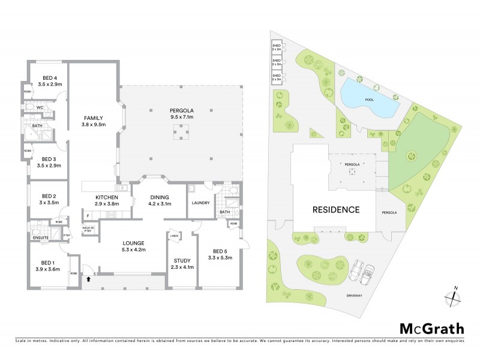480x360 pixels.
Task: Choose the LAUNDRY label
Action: pyautogui.click(x=200, y=203)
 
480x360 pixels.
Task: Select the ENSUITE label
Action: pyautogui.click(x=40, y=238)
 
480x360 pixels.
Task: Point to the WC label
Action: pyautogui.click(x=39, y=107)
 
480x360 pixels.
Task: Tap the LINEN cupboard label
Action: pyautogui.click(x=174, y=235)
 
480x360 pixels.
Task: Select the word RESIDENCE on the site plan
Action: pyautogui.click(x=335, y=210)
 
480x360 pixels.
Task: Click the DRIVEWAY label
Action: pyautogui.click(x=354, y=295)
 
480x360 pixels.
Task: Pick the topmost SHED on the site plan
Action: pyautogui.click(x=277, y=47)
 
